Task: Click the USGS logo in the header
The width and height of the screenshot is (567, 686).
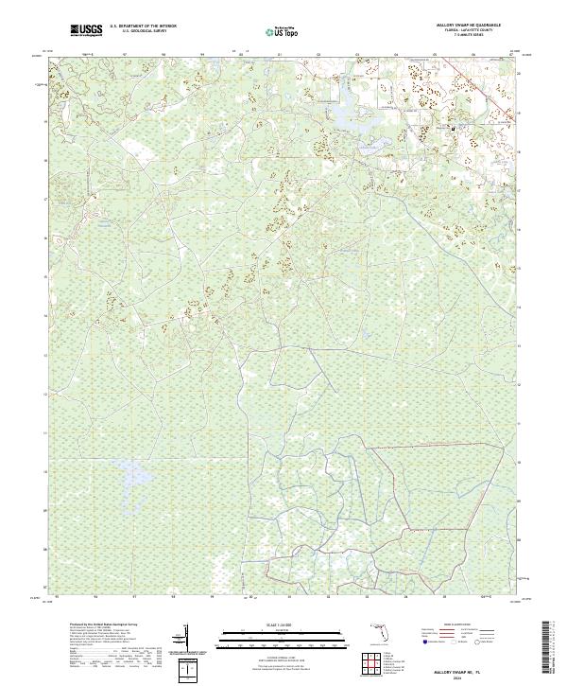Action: coord(86,30)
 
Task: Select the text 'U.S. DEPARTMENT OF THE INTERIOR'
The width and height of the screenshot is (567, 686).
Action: coord(142,26)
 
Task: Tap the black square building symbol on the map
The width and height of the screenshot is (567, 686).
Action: coord(453,129)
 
